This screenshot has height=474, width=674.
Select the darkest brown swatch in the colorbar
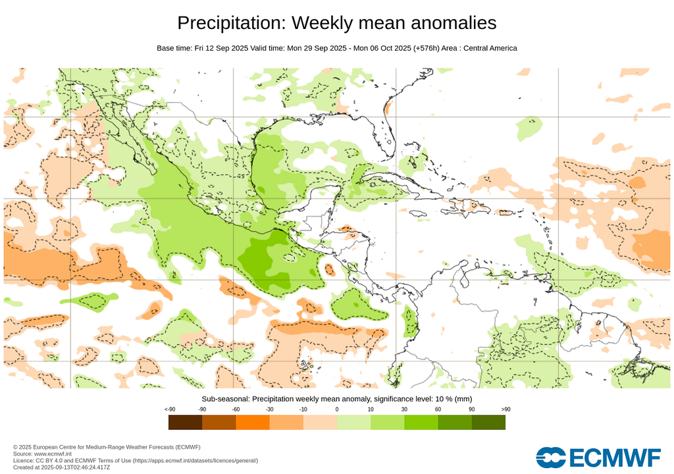tap(185, 422)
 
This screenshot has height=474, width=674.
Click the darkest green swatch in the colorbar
tap(488, 422)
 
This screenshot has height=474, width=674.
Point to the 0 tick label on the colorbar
tap(337, 409)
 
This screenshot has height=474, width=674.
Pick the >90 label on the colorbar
tap(505, 409)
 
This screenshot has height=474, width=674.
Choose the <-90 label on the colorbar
tap(168, 409)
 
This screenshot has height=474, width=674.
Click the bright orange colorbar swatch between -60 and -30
tap(253, 422)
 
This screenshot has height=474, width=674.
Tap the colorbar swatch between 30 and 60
tap(421, 422)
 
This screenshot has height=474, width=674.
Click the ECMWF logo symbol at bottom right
tap(550, 456)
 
